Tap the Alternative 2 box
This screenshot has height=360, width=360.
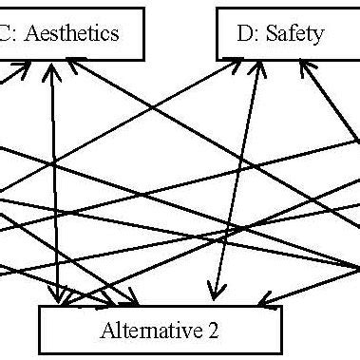[160, 331]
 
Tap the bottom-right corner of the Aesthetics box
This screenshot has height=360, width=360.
[145, 59]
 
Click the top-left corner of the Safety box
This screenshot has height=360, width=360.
[217, 9]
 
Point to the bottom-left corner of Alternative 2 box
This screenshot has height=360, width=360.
[39, 353]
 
